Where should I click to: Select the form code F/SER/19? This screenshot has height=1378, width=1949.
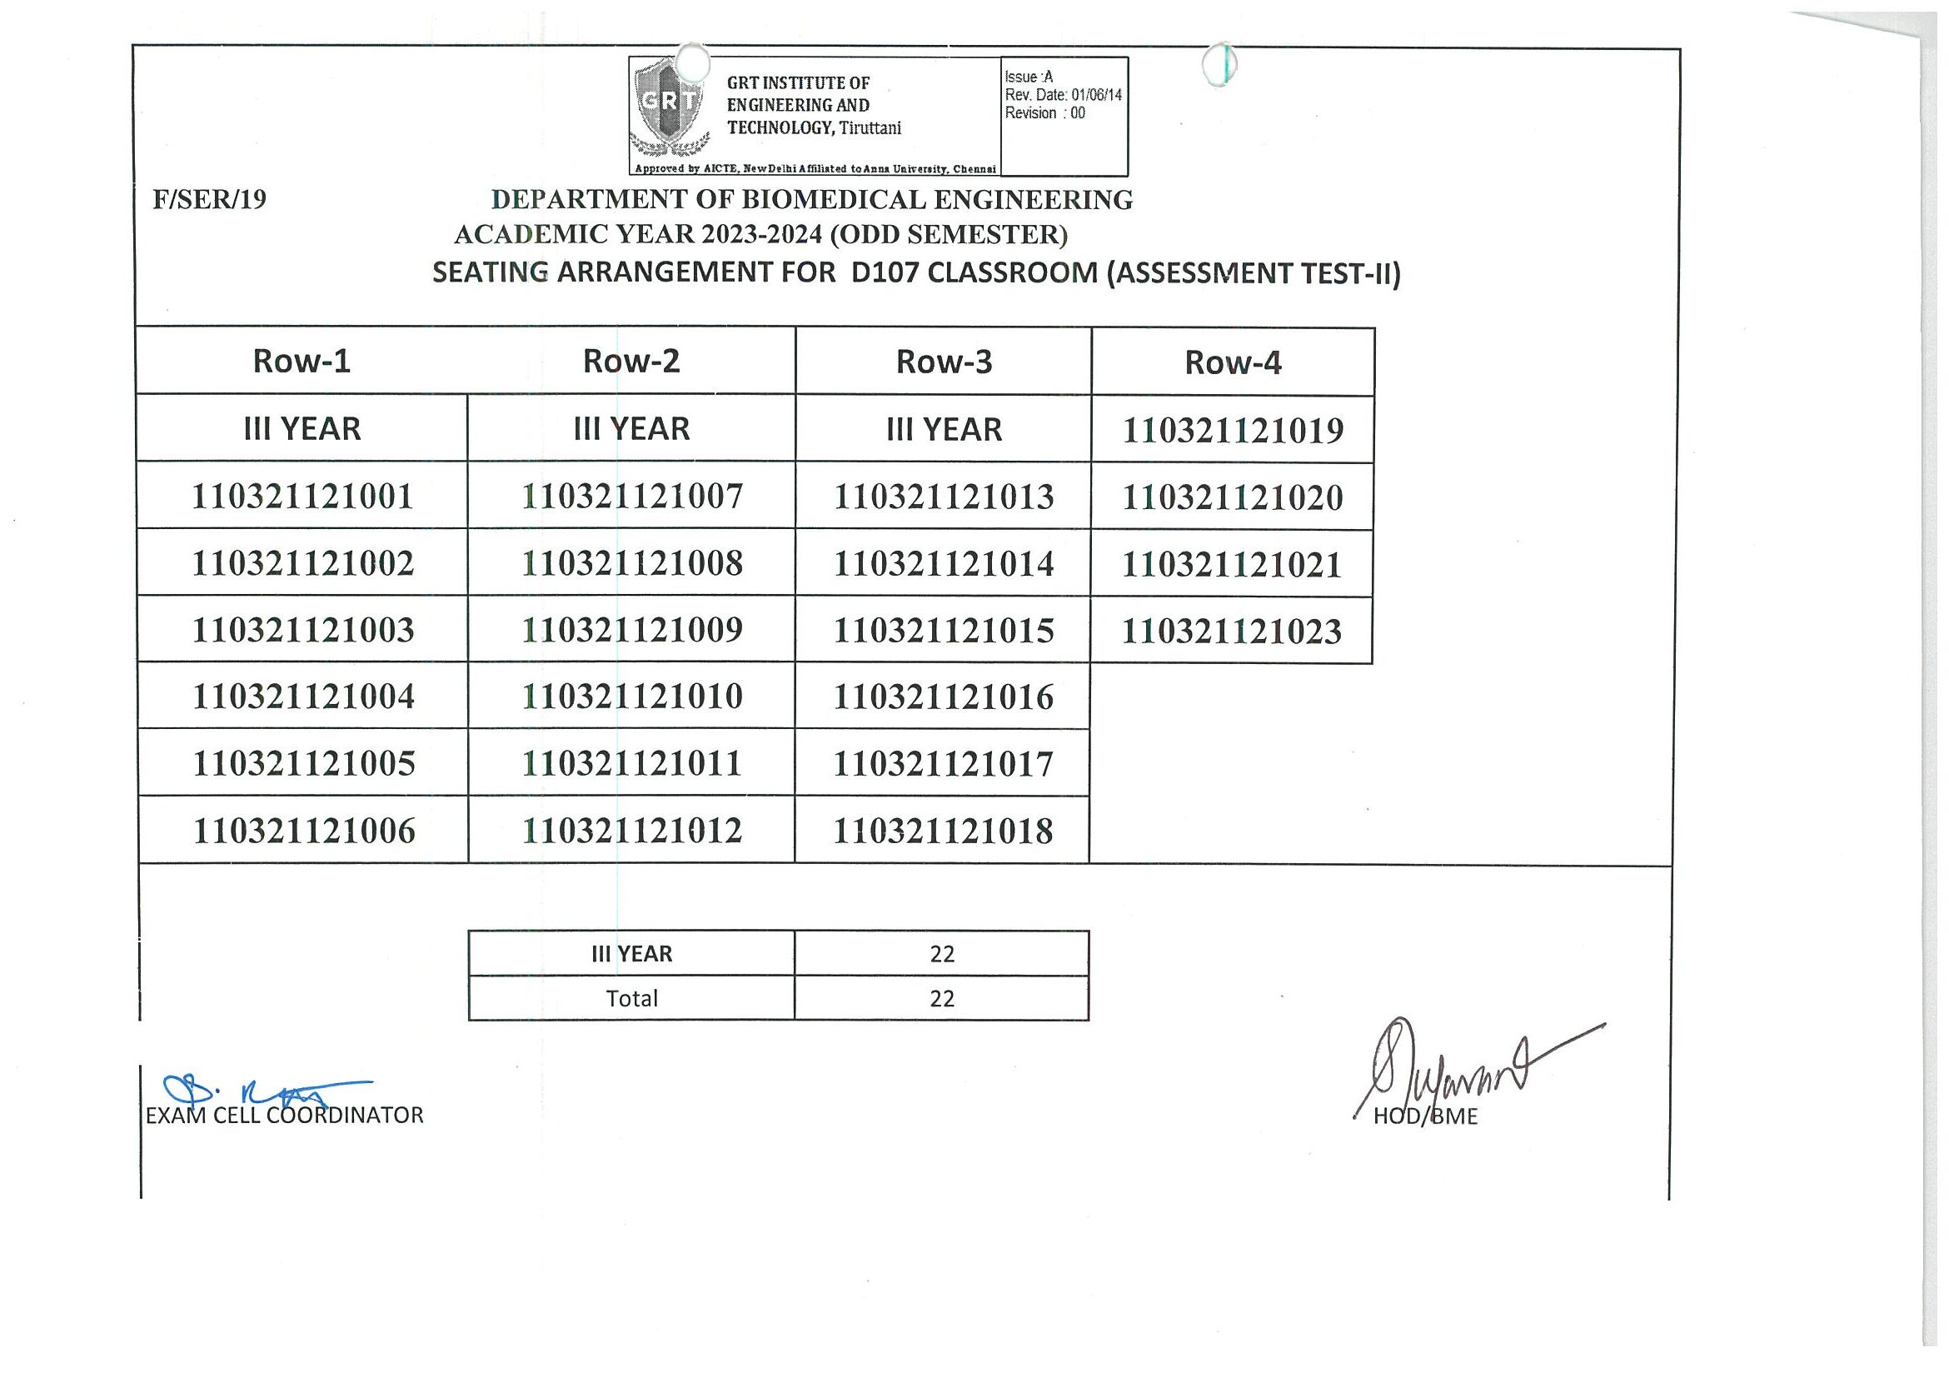tap(210, 199)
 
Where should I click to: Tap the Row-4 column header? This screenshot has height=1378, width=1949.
tap(1233, 362)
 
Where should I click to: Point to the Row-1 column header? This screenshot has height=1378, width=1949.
tap(302, 361)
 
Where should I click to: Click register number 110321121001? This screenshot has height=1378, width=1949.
tap(302, 496)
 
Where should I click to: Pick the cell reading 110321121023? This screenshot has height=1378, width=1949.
tap(1232, 632)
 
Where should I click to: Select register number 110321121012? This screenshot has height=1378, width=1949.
tap(631, 831)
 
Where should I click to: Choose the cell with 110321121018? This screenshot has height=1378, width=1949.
tap(943, 831)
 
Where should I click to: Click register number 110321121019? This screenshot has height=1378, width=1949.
tap(1233, 431)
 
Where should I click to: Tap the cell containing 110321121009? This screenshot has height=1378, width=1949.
tap(631, 630)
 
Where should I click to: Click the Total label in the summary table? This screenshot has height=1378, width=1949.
tap(631, 998)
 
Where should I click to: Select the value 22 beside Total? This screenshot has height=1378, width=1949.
tap(942, 998)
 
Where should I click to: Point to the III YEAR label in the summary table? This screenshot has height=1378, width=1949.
tap(631, 954)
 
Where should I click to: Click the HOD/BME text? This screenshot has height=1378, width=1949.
tap(1425, 1116)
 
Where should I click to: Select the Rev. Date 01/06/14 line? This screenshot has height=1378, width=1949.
tap(1063, 95)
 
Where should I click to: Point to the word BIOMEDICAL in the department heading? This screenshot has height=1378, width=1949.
tap(835, 199)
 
